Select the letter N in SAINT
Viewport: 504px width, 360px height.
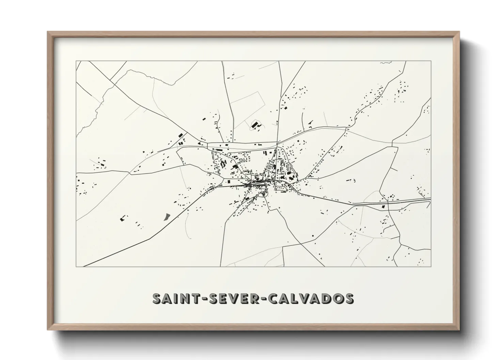click(184, 298)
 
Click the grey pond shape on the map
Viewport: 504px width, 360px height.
click(167, 217)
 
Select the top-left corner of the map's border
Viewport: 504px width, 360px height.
click(76, 61)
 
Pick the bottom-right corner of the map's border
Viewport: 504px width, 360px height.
click(431, 266)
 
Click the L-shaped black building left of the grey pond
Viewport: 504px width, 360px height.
click(122, 219)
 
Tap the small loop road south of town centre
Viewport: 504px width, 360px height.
click(265, 194)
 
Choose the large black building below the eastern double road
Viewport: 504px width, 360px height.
click(383, 206)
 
